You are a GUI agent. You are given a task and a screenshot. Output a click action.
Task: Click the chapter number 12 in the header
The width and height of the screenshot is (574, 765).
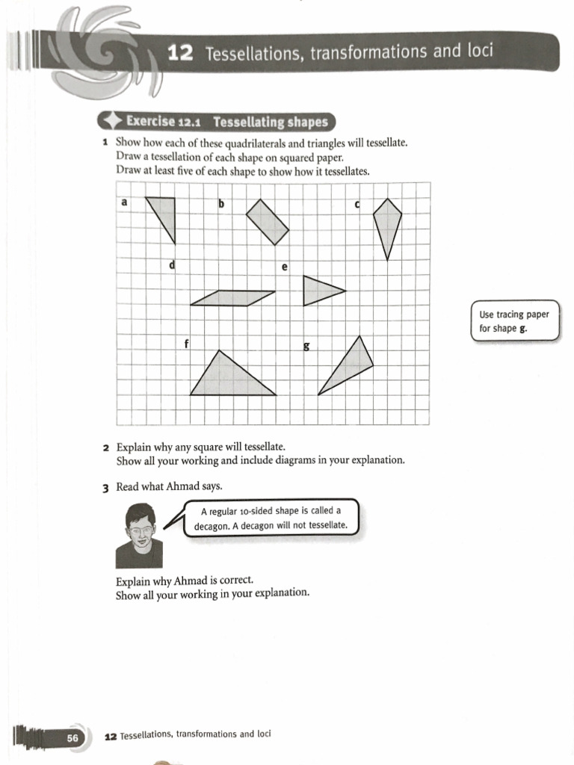tap(182, 53)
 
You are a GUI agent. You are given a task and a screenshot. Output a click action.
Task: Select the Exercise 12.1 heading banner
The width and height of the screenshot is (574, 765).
tap(217, 121)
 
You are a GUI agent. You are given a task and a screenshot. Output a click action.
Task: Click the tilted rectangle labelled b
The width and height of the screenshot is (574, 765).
tap(268, 222)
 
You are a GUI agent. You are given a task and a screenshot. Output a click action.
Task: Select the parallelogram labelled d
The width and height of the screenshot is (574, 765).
tap(232, 298)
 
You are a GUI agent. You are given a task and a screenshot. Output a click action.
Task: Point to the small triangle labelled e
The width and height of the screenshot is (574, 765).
tap(318, 291)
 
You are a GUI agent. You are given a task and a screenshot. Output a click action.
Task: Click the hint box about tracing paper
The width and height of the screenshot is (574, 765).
tap(514, 321)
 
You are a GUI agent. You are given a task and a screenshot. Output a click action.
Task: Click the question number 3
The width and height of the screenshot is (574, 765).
tap(107, 487)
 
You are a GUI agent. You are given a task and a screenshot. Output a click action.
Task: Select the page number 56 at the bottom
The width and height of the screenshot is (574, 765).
tap(72, 738)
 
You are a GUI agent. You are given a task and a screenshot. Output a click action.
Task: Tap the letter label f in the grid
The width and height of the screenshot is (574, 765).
tap(185, 344)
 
